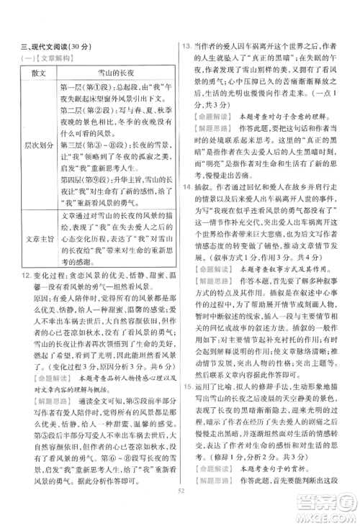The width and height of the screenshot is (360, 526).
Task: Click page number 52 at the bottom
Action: pyautogui.click(x=180, y=512)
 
